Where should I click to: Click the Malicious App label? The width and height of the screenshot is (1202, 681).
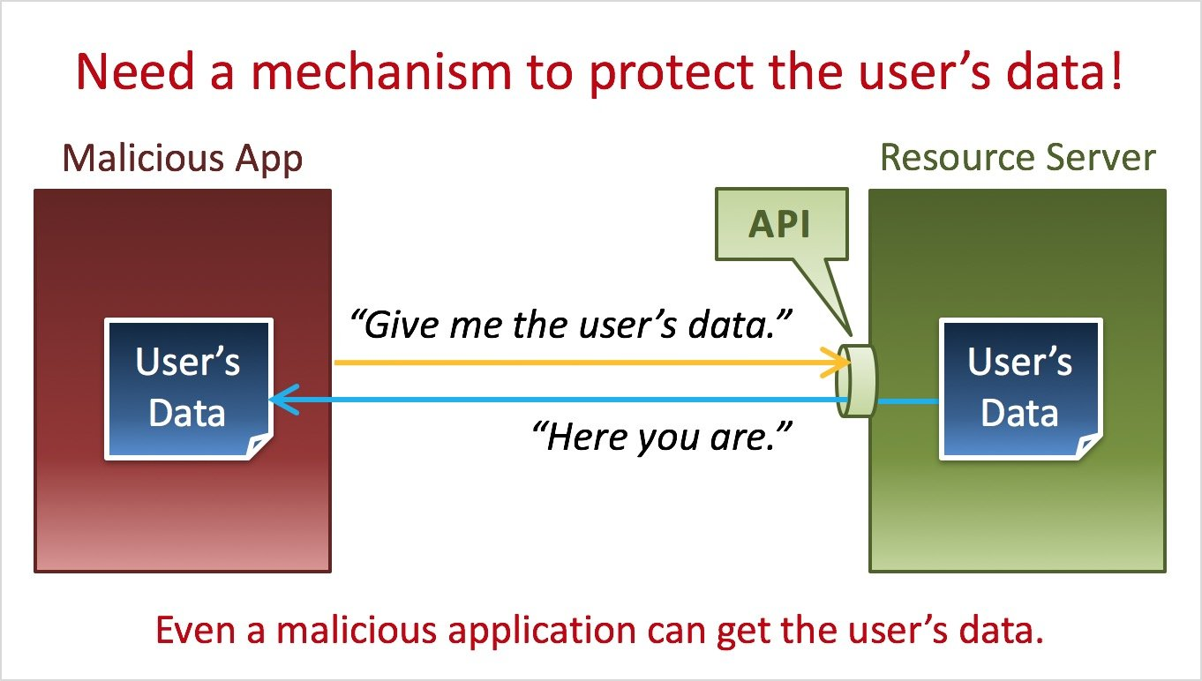[183, 159]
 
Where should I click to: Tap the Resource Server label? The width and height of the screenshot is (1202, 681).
[1018, 158]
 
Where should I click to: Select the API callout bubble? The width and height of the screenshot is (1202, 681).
[780, 225]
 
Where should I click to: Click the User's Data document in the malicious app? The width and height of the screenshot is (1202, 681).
[188, 388]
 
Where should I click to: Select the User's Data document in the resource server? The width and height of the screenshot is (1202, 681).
[1019, 388]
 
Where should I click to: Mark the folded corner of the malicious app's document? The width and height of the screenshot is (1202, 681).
[259, 448]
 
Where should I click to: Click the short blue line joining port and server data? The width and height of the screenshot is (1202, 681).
[908, 401]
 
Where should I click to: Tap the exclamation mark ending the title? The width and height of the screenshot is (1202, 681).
[1115, 72]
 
